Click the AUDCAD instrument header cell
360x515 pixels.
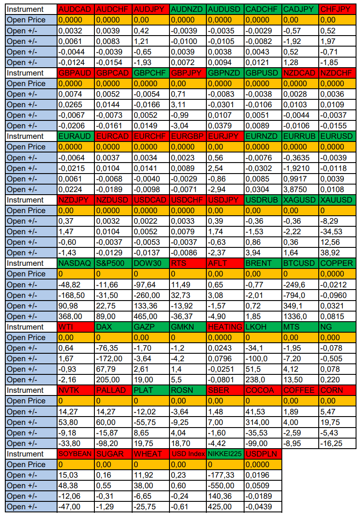coord(76,9)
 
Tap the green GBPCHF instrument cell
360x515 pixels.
coord(151,73)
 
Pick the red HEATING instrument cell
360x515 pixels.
coord(225,327)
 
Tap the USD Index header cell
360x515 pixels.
coord(188,454)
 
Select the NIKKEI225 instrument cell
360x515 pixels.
coord(225,454)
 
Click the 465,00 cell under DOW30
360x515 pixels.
coord(151,316)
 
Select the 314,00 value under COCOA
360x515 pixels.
coord(263,422)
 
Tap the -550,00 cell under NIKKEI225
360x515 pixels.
coord(225,486)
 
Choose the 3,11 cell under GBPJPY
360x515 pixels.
coord(188,105)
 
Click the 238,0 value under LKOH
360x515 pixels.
coord(263,380)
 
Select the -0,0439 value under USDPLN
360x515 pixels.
coord(263,507)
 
